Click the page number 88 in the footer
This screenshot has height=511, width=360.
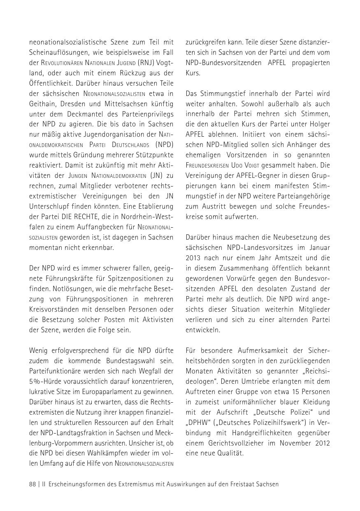(33, 484)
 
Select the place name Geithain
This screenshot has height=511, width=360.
(43, 104)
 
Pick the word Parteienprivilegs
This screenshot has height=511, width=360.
(144, 114)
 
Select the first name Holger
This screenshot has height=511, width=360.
(318, 124)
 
